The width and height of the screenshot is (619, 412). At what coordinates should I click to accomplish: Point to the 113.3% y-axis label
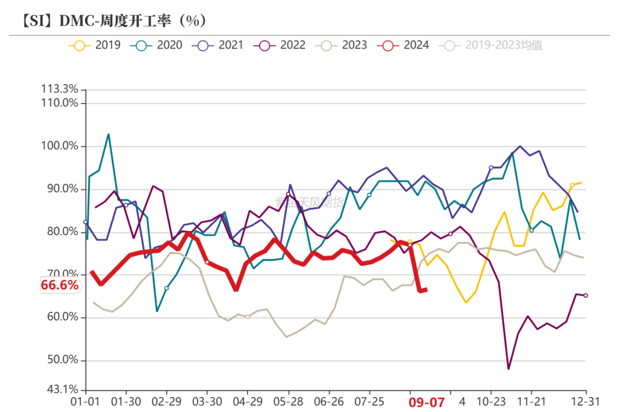click(x=59, y=89)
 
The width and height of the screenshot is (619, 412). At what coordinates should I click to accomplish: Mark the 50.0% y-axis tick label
click(x=62, y=360)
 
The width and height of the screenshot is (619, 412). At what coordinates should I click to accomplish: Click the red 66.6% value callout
click(x=59, y=285)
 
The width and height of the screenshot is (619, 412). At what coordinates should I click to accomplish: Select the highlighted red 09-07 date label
click(x=426, y=402)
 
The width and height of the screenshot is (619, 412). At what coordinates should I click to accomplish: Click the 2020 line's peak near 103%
click(x=109, y=134)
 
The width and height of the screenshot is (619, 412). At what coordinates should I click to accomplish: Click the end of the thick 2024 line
click(x=426, y=290)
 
